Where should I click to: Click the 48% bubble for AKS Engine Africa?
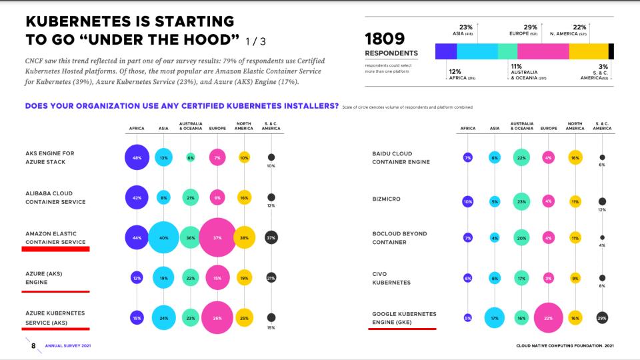click(x=137, y=157)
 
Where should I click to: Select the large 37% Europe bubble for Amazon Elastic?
click(x=217, y=237)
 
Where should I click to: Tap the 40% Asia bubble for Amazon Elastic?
click(x=163, y=237)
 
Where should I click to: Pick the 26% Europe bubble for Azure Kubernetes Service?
click(x=217, y=318)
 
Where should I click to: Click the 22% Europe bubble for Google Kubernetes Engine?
click(x=548, y=318)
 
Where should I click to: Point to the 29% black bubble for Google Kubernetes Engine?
click(x=602, y=318)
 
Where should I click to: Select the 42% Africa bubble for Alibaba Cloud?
click(x=137, y=197)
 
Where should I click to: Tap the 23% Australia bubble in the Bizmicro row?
click(x=521, y=201)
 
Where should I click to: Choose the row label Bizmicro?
click(x=386, y=198)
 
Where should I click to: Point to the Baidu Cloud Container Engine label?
click(x=401, y=157)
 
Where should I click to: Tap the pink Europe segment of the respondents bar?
click(x=543, y=52)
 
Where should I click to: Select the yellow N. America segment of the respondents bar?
click(x=589, y=52)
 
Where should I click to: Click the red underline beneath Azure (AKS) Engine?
click(x=56, y=291)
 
